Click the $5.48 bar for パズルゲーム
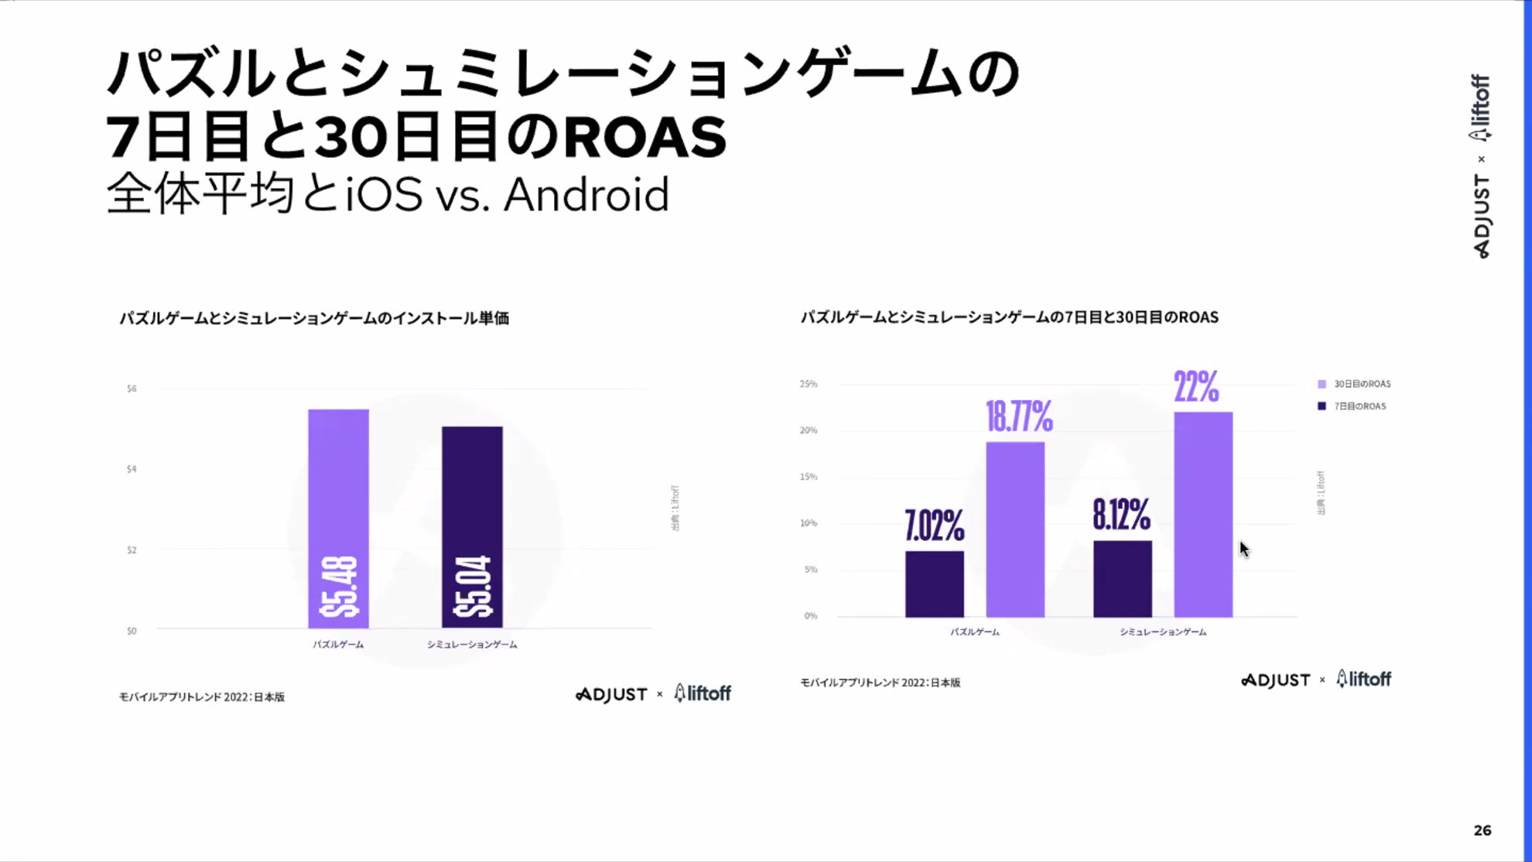[x=338, y=518]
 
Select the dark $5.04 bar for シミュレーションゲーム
[x=472, y=526]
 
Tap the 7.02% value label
[x=934, y=526]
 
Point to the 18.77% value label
[x=1019, y=417]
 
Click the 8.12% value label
[x=1121, y=514]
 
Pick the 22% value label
[x=1196, y=387]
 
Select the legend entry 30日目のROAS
[x=1361, y=384]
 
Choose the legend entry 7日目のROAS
[x=1359, y=406]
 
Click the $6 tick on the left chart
[x=132, y=388]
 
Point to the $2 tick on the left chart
[x=132, y=550]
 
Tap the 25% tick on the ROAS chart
[x=809, y=384]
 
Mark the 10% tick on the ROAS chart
[x=809, y=523]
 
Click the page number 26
[x=1482, y=830]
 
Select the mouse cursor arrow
[x=1243, y=549]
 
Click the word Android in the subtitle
[x=586, y=195]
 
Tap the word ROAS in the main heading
[x=645, y=137]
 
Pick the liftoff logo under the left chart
[x=703, y=693]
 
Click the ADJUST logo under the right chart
[x=1276, y=680]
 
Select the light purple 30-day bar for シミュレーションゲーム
[x=1203, y=515]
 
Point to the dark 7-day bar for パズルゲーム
[x=935, y=584]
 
